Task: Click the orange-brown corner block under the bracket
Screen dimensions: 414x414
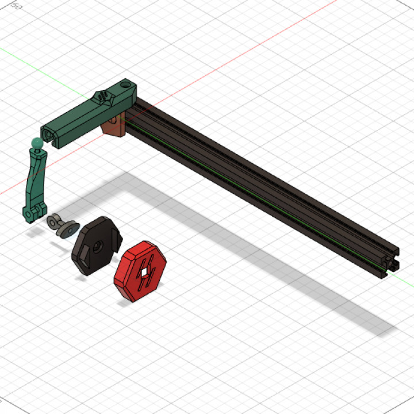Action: [x=113, y=126]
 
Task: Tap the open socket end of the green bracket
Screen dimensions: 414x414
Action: [x=49, y=133]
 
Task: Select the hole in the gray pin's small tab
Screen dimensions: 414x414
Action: [x=51, y=220]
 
